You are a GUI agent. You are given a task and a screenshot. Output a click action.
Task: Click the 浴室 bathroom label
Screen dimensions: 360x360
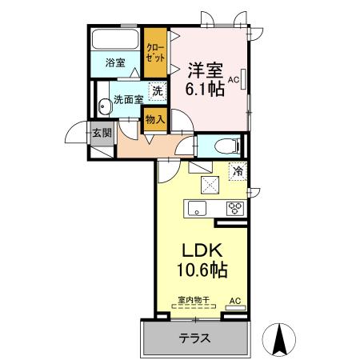pos(115,62)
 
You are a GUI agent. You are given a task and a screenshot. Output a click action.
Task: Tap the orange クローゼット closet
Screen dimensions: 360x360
pos(155,54)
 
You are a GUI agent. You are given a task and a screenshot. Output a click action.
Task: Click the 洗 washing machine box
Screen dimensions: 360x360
pos(158,92)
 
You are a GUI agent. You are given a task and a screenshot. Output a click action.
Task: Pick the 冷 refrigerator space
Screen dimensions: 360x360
pos(238,170)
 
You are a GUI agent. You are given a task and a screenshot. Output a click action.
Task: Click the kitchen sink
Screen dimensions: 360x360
pos(197,209)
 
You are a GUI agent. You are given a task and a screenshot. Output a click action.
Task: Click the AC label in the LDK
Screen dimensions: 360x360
pos(234,301)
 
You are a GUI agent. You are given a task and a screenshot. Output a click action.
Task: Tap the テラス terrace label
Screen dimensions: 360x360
pos(195,338)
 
